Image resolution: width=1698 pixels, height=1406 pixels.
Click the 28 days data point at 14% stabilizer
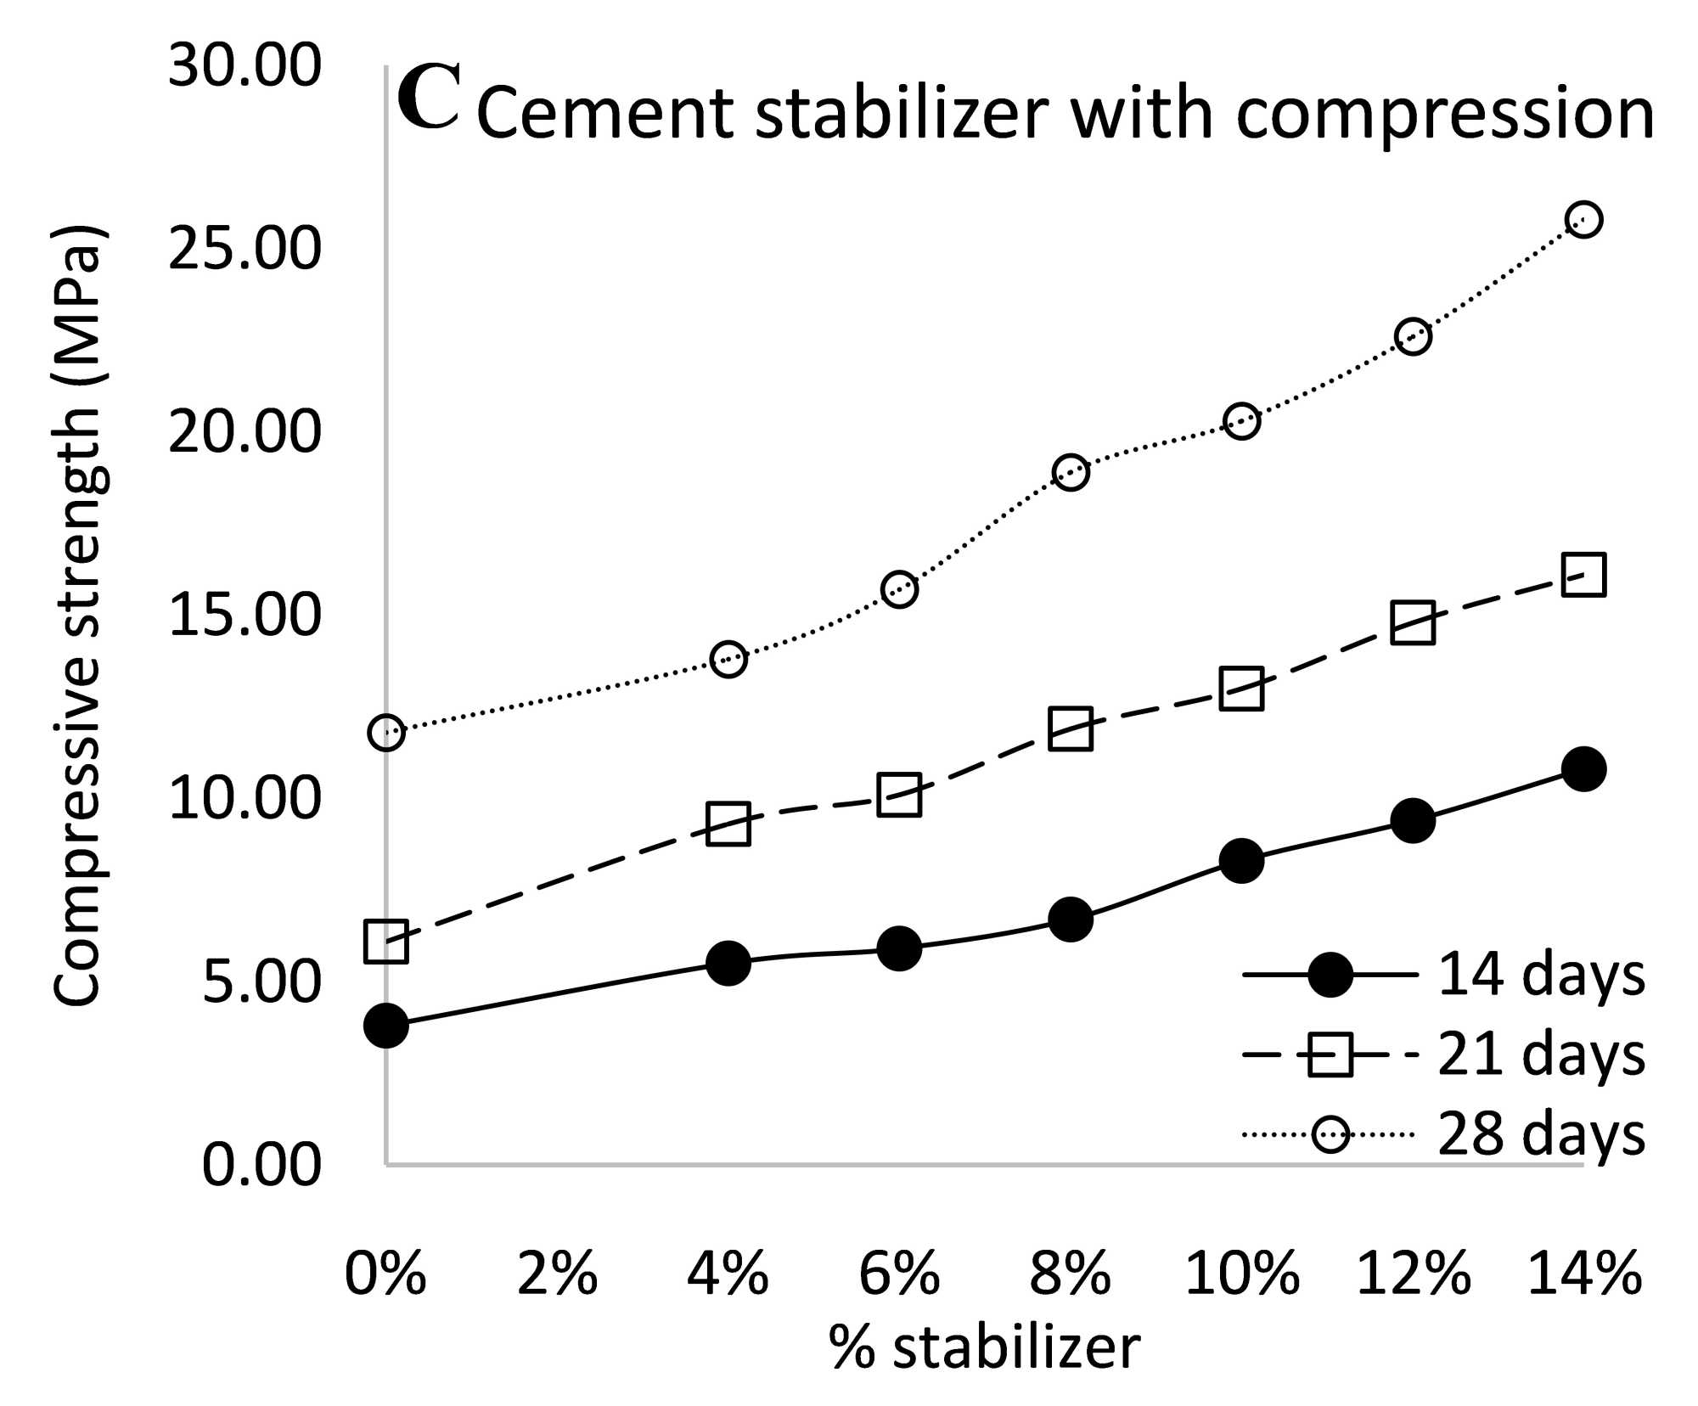click(x=1583, y=220)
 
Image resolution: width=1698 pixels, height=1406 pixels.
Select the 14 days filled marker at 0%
click(x=386, y=1025)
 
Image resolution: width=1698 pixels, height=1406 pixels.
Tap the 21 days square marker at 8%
click(x=1071, y=729)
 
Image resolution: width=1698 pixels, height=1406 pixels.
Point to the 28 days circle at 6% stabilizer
click(x=899, y=589)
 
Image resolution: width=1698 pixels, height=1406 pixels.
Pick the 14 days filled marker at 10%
click(x=1241, y=861)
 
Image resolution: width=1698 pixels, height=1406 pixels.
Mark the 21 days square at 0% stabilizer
click(x=386, y=941)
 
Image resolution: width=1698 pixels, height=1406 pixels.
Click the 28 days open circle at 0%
click(x=386, y=732)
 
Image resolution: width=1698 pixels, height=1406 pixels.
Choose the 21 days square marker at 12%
click(x=1413, y=622)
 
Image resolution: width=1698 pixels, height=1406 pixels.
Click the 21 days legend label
click(x=1540, y=1054)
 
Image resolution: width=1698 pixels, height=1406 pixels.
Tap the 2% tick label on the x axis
click(x=557, y=1274)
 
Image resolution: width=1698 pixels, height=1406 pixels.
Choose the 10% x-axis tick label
click(x=1241, y=1274)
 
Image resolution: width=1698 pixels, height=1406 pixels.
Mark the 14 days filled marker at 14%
click(x=1583, y=769)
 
